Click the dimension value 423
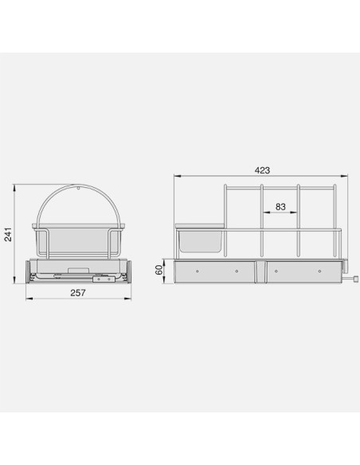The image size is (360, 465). pos(263,170)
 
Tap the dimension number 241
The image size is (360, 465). pos(8,234)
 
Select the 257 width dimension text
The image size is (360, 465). pos(78,293)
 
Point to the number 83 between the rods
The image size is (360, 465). pos(280,206)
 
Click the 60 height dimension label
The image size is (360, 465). pos(159,270)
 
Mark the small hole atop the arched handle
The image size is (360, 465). pos(78,188)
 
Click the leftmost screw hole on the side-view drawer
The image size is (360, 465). pos(198,271)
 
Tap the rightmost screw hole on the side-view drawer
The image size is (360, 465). pos(319,271)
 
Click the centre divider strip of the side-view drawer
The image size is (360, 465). pos(261,272)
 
